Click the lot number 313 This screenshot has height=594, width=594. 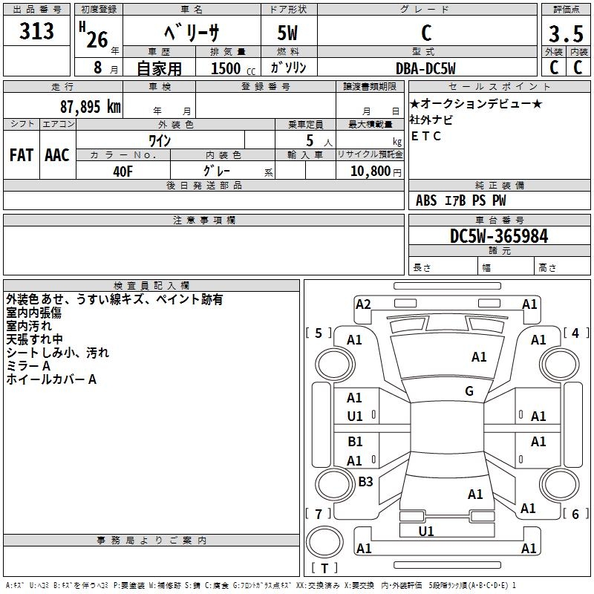point(37,32)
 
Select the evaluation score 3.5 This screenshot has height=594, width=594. point(564,34)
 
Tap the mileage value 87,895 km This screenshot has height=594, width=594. point(90,105)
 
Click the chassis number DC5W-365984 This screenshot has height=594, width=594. point(499,236)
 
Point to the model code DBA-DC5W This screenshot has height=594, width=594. point(426,68)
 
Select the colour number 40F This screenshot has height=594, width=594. point(123,170)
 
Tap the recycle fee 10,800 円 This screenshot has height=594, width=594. point(369,170)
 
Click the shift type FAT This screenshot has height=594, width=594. point(22,155)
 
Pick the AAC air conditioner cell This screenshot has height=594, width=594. point(57,155)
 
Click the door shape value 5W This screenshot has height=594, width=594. point(289,34)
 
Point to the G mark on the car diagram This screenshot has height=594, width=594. point(469,391)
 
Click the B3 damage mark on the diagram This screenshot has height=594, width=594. point(365,481)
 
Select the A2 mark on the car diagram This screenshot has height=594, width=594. point(363,304)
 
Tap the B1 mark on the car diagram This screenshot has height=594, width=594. point(355,442)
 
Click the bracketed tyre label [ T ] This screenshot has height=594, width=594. point(324,568)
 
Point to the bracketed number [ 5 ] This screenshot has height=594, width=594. point(319,333)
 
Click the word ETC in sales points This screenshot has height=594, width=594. point(426,136)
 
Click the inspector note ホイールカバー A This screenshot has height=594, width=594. point(51,379)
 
